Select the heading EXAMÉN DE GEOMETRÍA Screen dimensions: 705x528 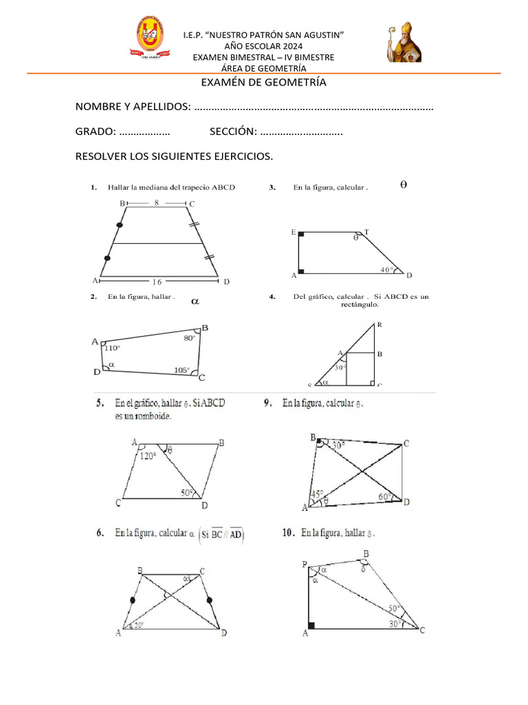pyautogui.click(x=263, y=83)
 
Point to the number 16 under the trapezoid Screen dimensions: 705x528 pyautogui.click(x=157, y=282)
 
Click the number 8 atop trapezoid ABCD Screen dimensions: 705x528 pyautogui.click(x=156, y=203)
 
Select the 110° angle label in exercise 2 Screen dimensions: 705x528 pyautogui.click(x=111, y=348)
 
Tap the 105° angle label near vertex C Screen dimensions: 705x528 pyautogui.click(x=181, y=370)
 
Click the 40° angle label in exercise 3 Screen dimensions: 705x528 pyautogui.click(x=387, y=270)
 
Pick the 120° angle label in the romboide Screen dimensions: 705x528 pyautogui.click(x=148, y=456)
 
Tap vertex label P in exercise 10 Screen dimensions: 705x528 pyautogui.click(x=304, y=565)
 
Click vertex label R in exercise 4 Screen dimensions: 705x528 pyautogui.click(x=379, y=324)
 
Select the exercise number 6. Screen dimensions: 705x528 pyautogui.click(x=100, y=532)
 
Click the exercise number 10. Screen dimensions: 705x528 pyautogui.click(x=289, y=532)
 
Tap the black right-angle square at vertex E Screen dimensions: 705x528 pyautogui.click(x=301, y=234)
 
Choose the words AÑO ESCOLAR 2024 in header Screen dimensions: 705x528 pyautogui.click(x=263, y=46)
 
